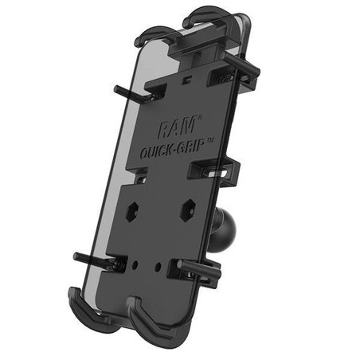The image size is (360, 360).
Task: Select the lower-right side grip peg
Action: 207,267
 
